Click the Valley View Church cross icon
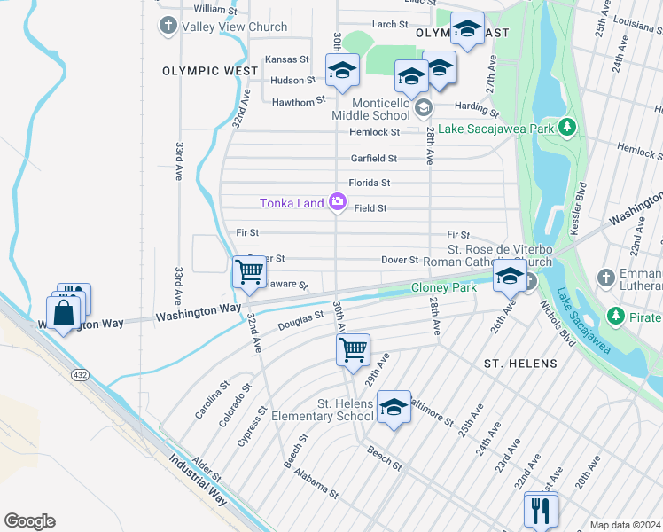click(x=168, y=27)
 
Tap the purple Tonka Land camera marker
click(x=337, y=203)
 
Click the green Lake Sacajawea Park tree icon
click(x=567, y=129)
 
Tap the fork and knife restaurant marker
click(x=540, y=510)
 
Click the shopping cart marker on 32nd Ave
click(x=250, y=270)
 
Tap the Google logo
click(x=29, y=521)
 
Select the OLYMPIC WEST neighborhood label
click(x=199, y=69)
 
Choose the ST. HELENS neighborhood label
click(x=520, y=364)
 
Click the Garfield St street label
click(x=373, y=159)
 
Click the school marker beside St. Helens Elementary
click(x=394, y=407)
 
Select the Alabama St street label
click(x=317, y=483)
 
